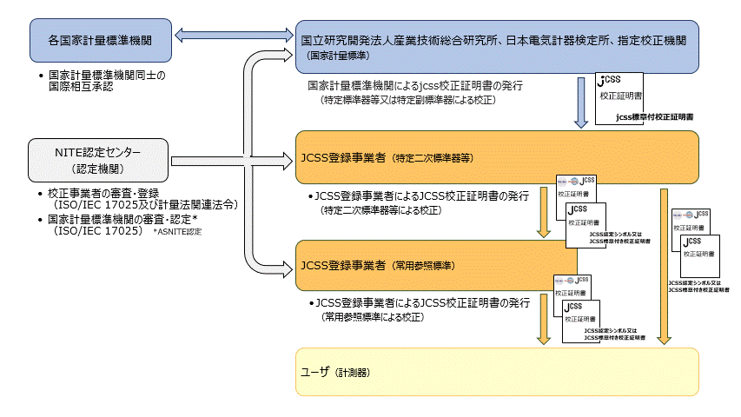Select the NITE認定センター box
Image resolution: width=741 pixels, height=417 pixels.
[x=98, y=161]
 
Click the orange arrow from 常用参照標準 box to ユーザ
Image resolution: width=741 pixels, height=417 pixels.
[x=544, y=318]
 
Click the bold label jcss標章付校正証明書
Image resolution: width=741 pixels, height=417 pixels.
[x=654, y=116]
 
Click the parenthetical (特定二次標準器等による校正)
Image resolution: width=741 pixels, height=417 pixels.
[x=381, y=211]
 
